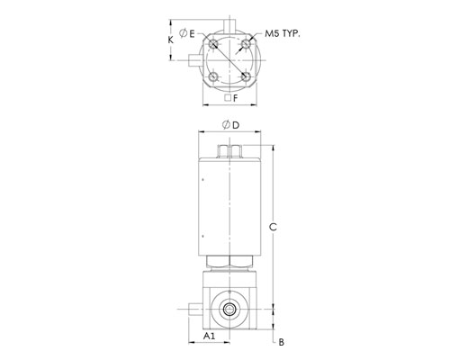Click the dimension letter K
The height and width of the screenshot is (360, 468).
(170, 40)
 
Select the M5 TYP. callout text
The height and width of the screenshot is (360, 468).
(283, 33)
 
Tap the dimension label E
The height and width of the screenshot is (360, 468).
(192, 33)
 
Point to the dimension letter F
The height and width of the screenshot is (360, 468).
(236, 98)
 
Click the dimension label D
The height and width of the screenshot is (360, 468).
(236, 125)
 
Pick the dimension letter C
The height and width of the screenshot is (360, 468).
(273, 227)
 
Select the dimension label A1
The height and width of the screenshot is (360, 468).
(210, 336)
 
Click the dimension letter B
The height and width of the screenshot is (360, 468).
(281, 342)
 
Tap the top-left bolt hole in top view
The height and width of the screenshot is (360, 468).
(213, 44)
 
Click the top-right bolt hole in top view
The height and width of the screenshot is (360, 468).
(246, 44)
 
